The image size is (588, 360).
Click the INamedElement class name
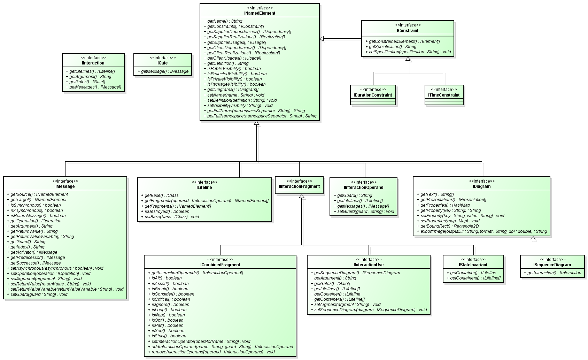[x=260, y=13]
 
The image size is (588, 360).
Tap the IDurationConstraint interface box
[x=373, y=95]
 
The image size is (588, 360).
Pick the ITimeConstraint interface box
[x=444, y=95]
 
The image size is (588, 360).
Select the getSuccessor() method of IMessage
[x=35, y=263]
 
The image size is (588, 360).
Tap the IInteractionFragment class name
[x=299, y=186]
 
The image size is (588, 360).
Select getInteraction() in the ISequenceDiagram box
[x=554, y=273]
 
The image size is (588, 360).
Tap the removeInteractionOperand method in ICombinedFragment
[x=213, y=352]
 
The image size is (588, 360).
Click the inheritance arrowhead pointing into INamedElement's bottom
[x=256, y=123]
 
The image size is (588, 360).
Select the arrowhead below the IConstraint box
[x=408, y=59]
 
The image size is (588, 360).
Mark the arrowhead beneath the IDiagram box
[x=533, y=238]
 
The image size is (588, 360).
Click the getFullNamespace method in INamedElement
[x=262, y=116]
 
